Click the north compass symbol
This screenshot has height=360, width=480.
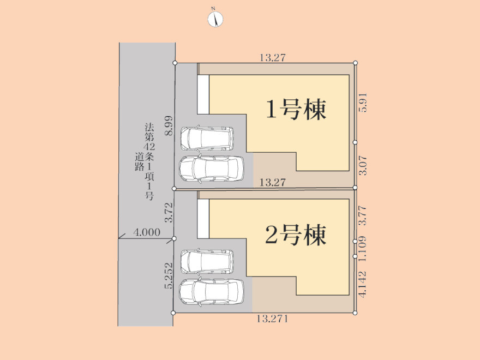215,19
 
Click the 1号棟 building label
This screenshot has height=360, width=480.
296,109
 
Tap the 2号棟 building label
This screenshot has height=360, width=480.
296,235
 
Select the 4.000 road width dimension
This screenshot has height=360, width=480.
147,232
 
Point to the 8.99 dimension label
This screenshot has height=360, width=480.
169,126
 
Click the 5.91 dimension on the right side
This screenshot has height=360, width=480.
363,103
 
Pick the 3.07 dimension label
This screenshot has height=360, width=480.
363,165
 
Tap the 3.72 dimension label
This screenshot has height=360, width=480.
169,212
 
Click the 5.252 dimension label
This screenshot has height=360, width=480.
169,275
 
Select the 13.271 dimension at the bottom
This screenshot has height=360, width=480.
272,319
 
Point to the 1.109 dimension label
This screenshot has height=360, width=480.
363,248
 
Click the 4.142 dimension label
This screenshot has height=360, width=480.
363,284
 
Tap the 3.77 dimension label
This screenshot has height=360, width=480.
363,216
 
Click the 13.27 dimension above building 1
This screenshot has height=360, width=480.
272,58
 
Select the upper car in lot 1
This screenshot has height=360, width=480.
207,138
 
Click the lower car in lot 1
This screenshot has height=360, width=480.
212,169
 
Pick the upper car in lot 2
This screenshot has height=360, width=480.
207,262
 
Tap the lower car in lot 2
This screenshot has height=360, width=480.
212,292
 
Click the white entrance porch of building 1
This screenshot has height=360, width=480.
203,94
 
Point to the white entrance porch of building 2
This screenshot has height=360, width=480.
203,219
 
